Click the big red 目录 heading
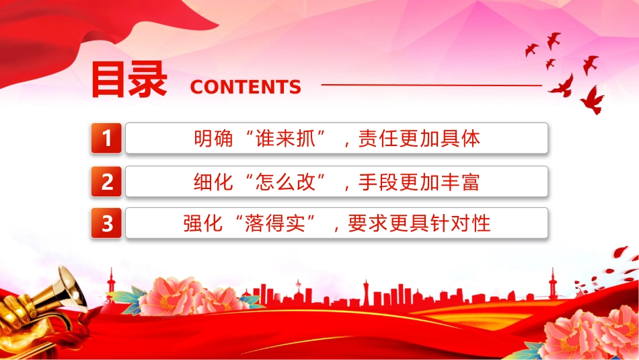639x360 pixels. pos(128,79)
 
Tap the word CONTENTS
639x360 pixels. pos(246,87)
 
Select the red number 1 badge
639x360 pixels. pos(106,138)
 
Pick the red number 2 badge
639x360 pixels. pos(106,182)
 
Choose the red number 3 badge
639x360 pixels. pos(106,223)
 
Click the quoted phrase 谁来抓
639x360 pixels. pos(285,139)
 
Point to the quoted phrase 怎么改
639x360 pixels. pos(285,182)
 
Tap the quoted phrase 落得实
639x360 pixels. pos(275,223)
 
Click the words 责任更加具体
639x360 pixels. pos(419,139)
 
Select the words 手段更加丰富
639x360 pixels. pos(419,182)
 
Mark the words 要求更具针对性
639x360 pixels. pos(419,223)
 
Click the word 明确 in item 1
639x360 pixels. pos(213,139)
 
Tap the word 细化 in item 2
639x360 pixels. pos(213,182)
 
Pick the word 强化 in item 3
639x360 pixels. pos(203,223)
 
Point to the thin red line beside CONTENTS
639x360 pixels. pos(432,85)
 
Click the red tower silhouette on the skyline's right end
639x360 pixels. pos(553,283)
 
